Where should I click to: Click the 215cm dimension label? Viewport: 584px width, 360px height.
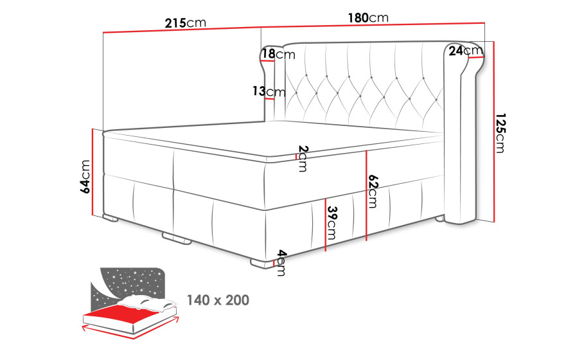pos(186,23)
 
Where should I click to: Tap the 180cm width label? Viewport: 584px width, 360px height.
pos(368,18)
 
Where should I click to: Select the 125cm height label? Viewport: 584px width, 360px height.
pos(500,133)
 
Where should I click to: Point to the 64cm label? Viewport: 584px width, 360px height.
pos(85,176)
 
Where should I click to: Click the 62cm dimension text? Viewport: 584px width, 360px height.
pos(373,191)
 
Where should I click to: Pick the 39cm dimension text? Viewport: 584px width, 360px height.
pos(332,223)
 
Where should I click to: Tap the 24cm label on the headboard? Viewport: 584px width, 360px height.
pos(465,50)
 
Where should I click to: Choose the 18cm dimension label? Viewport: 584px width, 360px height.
pos(278,54)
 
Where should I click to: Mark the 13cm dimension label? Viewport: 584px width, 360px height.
pos(269,91)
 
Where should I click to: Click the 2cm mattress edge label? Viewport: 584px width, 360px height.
pos(303,158)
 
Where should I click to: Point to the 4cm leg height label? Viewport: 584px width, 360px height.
pos(281,263)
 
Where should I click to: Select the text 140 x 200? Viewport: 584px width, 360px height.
pos(218,300)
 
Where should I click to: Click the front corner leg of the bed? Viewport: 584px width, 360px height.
pos(262,263)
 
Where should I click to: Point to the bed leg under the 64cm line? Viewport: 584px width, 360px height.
pos(111,218)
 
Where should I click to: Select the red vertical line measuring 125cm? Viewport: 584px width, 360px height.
pos(494,132)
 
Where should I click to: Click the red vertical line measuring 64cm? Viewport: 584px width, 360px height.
pos(92,172)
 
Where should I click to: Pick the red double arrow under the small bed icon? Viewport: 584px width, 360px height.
pos(130,328)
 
